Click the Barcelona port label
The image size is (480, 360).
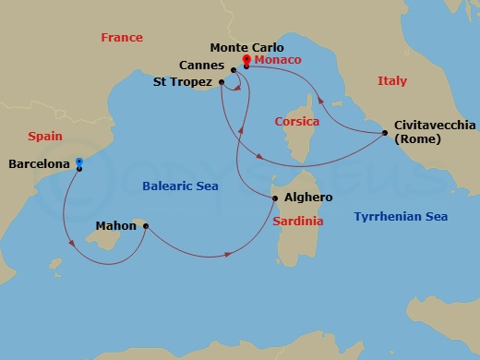[x=39, y=164]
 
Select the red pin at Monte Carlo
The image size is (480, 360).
[x=246, y=61]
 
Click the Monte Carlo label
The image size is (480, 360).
[x=246, y=47]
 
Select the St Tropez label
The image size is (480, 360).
[x=185, y=82]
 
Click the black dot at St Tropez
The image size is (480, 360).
[x=222, y=83]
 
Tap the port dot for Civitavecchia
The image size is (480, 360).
[x=384, y=133]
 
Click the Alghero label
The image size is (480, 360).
[x=307, y=198]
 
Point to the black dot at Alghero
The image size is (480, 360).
[x=274, y=198]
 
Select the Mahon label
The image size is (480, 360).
[x=116, y=224]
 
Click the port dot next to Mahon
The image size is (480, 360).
[x=145, y=224]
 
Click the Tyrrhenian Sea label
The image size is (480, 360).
[x=401, y=217]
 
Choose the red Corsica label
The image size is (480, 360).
[x=297, y=121]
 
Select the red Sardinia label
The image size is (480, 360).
[x=299, y=222]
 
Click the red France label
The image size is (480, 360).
[x=122, y=38]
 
